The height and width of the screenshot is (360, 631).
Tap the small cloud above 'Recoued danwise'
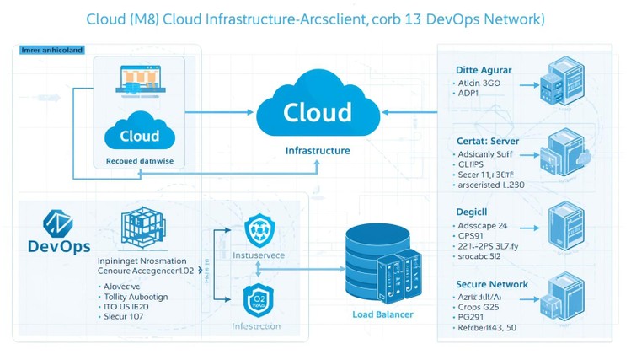[140, 133]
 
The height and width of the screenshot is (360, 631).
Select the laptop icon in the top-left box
[140, 82]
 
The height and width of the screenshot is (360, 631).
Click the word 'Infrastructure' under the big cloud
[317, 150]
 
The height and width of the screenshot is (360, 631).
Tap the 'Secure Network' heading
[492, 284]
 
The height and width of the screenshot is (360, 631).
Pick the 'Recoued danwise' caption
[140, 160]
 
